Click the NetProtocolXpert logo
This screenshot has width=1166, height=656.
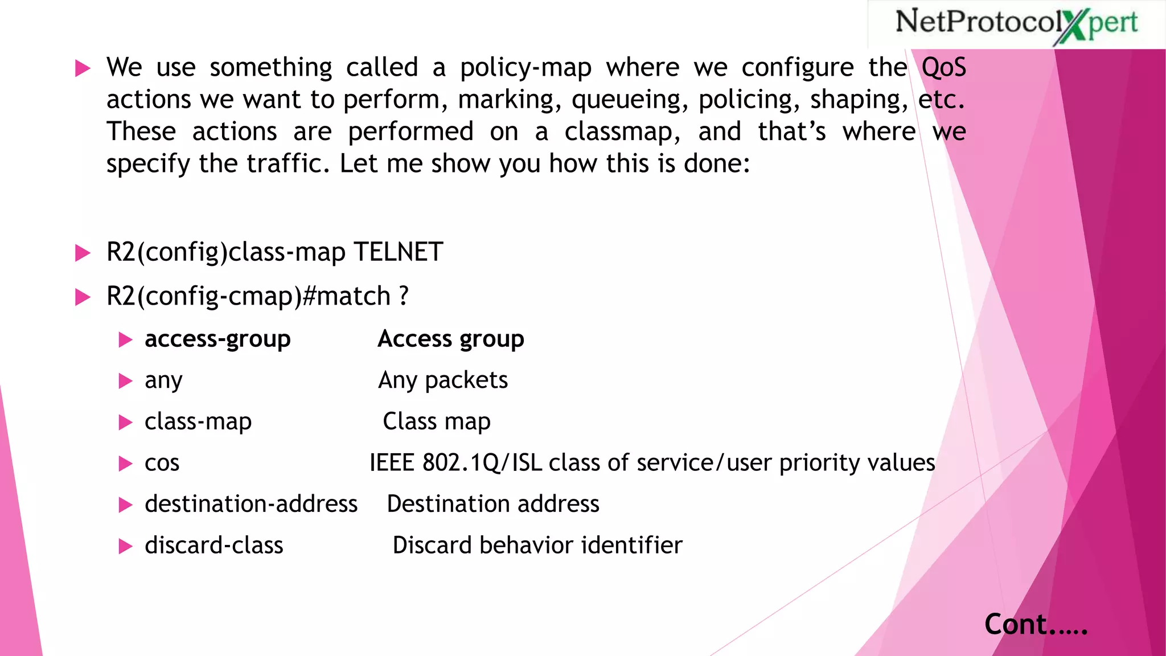pos(1016,24)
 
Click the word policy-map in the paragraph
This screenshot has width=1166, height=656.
pos(525,68)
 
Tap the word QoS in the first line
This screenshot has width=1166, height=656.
pos(943,68)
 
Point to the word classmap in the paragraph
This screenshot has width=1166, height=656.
pos(621,132)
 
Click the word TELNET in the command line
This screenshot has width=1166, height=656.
pos(398,252)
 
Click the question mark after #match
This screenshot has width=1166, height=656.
pos(403,296)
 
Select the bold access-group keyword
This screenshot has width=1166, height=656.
pos(217,339)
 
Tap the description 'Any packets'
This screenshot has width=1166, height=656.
pos(443,380)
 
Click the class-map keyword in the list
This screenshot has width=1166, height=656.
pos(198,422)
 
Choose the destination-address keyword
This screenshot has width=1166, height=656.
pos(251,505)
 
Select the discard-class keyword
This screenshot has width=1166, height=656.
pos(214,546)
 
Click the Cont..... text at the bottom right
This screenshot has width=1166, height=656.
pos(1036,625)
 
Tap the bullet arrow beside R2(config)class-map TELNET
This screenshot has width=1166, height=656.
pos(83,253)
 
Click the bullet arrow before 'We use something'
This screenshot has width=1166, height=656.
pos(83,69)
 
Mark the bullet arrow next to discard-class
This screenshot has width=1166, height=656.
pos(125,547)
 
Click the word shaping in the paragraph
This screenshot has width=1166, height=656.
pos(859,100)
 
